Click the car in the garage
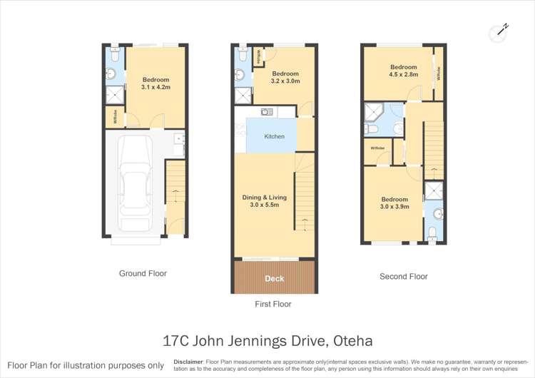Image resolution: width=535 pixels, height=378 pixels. tap(134, 175)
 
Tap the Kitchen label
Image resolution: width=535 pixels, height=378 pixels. tap(275, 136)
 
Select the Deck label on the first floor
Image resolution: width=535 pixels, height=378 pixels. tap(275, 278)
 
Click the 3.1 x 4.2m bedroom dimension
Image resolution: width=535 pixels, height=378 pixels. tap(156, 88)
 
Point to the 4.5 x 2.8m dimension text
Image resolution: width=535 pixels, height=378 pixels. tap(403, 73)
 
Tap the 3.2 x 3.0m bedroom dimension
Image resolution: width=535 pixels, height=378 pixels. tap(285, 81)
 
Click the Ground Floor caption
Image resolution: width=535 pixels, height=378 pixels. tap(143, 273)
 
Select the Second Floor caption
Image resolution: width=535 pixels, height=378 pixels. tap(404, 276)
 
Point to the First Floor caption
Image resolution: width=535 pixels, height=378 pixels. tap(273, 304)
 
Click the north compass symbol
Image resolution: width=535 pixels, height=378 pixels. tap(499, 31)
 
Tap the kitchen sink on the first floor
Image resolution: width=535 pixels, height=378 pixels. tap(267, 111)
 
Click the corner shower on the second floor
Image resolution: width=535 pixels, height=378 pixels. tap(373, 111)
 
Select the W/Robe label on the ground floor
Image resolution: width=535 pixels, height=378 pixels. tap(115, 118)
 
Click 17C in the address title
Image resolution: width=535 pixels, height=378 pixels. tap(177, 341)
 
